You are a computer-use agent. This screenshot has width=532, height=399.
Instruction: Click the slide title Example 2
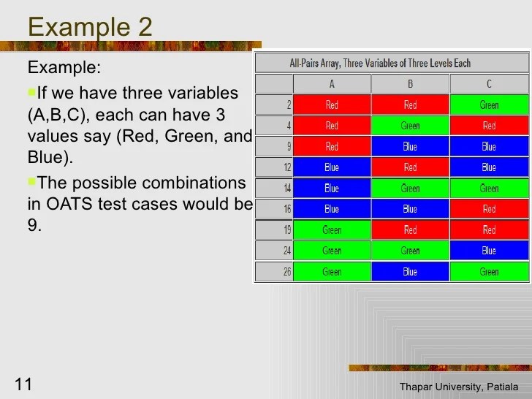pos(90,27)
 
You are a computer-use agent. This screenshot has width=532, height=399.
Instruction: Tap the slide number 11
pos(23,384)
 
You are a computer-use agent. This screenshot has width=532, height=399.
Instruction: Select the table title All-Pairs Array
pos(380,63)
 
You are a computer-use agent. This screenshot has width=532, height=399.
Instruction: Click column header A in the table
pos(332,84)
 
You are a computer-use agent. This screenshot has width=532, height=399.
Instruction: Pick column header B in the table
pos(410,84)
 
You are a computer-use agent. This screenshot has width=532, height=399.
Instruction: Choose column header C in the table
pos(489,84)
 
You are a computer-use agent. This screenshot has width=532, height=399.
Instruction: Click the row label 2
pos(289,105)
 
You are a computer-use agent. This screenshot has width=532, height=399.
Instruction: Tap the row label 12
pos(286,167)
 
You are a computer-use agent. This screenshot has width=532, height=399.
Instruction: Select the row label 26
pos(286,272)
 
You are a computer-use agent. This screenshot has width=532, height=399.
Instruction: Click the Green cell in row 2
pos(489,105)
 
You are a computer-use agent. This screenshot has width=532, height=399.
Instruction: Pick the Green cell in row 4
pos(410,126)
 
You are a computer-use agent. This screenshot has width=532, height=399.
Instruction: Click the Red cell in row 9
pos(332,147)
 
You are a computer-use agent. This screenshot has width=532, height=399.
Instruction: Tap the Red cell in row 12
pos(410,167)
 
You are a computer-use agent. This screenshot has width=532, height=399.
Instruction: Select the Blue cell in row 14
pos(332,189)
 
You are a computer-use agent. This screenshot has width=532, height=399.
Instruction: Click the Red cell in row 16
pos(489,209)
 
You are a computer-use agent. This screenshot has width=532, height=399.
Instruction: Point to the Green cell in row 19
pos(332,230)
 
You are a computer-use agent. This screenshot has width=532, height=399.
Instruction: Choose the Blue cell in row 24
pos(489,251)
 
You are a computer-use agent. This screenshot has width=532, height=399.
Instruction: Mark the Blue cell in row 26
pos(410,272)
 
